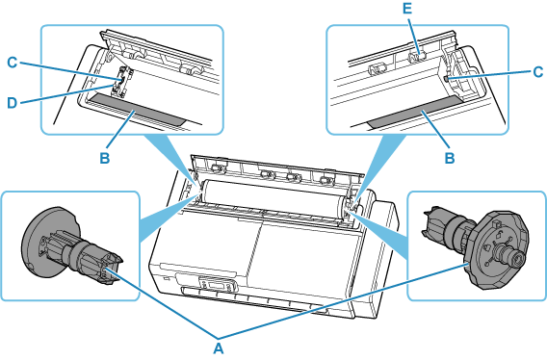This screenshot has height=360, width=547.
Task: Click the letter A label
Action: click(218, 343)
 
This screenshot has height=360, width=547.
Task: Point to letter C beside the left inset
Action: click(13, 64)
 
